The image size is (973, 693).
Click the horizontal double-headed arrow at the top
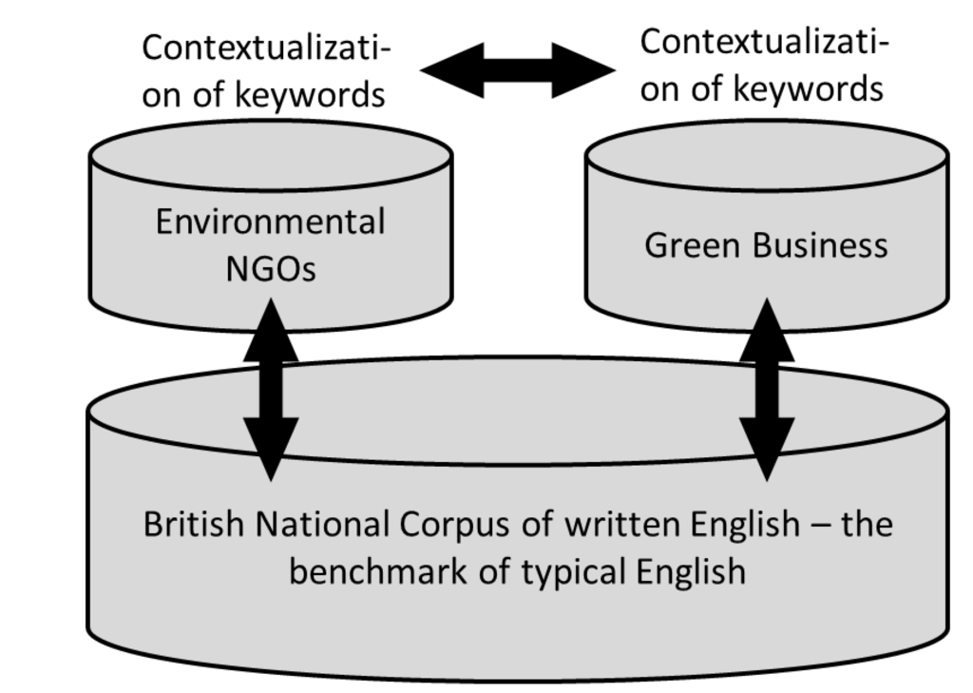[x=518, y=69]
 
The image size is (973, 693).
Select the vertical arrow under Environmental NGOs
[x=271, y=390]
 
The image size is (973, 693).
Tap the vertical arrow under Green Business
[x=767, y=390]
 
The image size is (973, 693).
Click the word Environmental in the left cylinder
[x=271, y=222]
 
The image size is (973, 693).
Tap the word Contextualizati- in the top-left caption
[x=267, y=47]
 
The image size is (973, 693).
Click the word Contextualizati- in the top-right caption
[x=765, y=42]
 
